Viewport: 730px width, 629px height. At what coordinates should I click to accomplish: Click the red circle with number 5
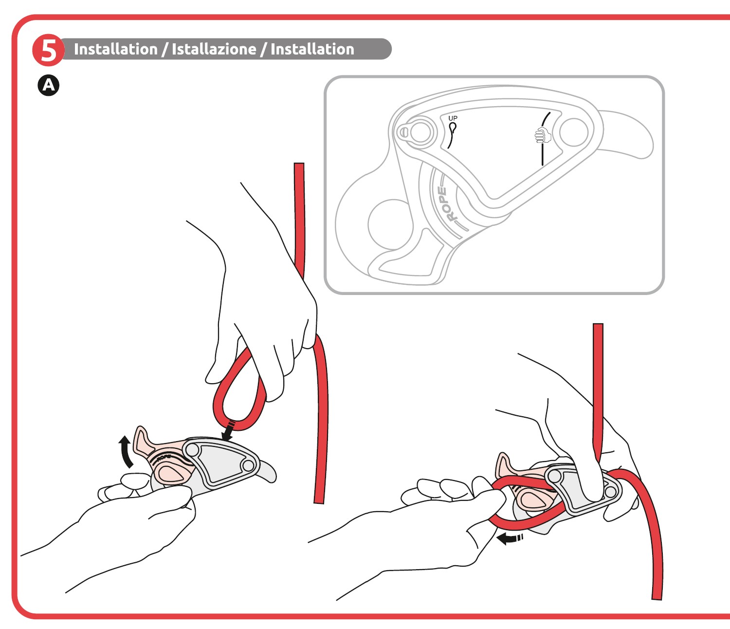pyautogui.click(x=48, y=50)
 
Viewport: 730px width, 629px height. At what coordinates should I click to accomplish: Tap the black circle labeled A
pyautogui.click(x=48, y=86)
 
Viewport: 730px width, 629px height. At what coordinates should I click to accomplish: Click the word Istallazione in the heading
pyautogui.click(x=214, y=49)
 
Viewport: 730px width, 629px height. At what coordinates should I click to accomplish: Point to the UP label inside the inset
pyautogui.click(x=453, y=118)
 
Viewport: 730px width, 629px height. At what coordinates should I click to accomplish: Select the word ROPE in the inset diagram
pyautogui.click(x=446, y=204)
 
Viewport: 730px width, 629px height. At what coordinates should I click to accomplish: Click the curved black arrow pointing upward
pyautogui.click(x=126, y=452)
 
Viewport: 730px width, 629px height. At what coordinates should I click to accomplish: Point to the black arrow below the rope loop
pyautogui.click(x=228, y=432)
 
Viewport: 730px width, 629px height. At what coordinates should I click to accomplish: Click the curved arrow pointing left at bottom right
pyautogui.click(x=509, y=539)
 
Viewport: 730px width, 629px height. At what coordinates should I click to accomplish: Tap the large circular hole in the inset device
pyautogui.click(x=390, y=224)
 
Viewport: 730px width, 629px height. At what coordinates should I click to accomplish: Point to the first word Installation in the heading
pyautogui.click(x=116, y=49)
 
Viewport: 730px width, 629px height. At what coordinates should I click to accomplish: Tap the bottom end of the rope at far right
pyautogui.click(x=657, y=599)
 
